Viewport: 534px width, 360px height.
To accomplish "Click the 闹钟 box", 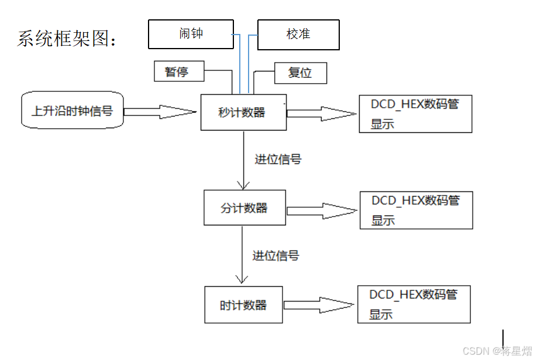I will click(x=191, y=34).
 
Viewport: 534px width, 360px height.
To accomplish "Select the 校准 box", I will click(x=298, y=35).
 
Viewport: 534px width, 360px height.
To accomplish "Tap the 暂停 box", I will click(x=179, y=71).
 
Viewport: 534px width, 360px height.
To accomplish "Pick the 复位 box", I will click(x=301, y=73).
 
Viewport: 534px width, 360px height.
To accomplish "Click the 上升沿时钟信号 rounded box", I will click(x=72, y=110).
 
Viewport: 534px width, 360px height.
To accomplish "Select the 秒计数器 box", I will click(x=243, y=112).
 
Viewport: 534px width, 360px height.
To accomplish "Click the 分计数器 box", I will click(x=244, y=208).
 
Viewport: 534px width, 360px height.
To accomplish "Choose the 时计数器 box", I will click(x=243, y=304).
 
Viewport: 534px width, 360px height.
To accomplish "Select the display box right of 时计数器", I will click(x=414, y=304).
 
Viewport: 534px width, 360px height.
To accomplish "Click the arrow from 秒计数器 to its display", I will click(x=322, y=113).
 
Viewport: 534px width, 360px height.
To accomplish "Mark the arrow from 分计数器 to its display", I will click(x=322, y=211).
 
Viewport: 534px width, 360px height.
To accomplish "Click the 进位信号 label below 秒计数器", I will click(x=278, y=159).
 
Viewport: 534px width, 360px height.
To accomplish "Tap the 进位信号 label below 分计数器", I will click(x=275, y=256).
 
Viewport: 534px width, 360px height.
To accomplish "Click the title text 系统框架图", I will click(x=67, y=38).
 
